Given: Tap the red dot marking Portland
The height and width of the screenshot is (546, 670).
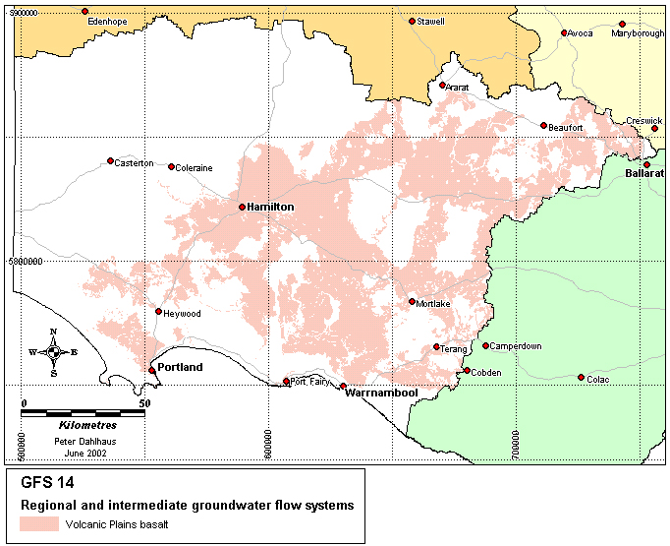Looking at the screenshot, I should point(152,370).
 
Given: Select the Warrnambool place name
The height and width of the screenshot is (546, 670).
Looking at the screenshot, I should point(381,394).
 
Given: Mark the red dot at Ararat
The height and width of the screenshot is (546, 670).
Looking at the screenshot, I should point(443,86).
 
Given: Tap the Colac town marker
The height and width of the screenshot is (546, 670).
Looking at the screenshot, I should point(582,377).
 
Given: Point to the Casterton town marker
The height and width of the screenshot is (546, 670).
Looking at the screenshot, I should point(110,160).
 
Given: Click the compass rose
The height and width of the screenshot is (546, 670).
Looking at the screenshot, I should point(53,351).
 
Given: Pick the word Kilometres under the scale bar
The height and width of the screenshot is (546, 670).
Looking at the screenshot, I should point(87,425).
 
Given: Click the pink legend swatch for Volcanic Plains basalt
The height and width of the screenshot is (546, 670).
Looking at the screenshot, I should point(38,524).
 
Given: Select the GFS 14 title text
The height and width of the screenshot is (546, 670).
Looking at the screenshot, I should point(46,483).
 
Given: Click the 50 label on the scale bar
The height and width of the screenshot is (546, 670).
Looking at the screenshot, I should point(144,403).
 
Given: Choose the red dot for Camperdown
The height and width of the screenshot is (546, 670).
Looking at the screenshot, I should point(485,345).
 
